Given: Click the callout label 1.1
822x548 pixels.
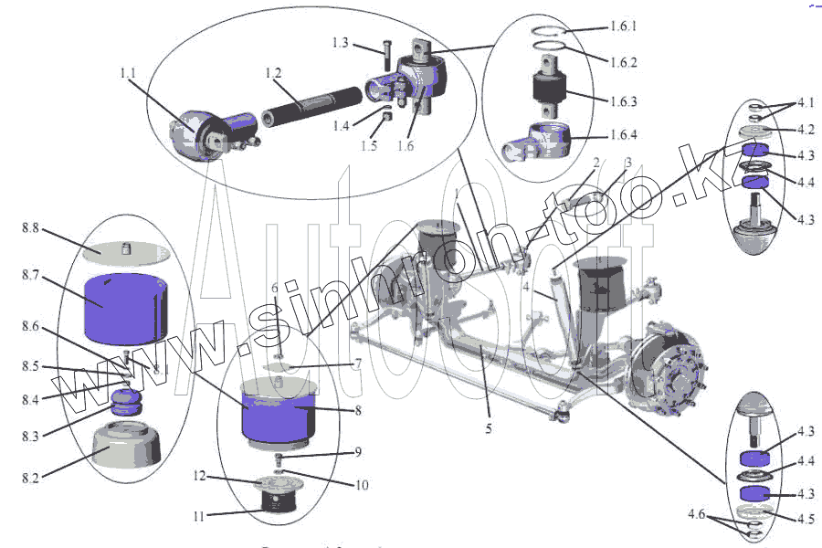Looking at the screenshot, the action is coord(127,71).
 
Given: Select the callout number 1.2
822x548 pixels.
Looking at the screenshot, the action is coord(272,72).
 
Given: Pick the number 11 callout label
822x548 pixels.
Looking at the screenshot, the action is coord(197,516).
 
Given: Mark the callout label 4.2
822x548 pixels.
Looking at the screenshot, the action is coord(779,129).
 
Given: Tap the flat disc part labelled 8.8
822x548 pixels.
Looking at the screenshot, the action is coord(127,248).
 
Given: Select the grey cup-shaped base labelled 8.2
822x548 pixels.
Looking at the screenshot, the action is coord(128,449).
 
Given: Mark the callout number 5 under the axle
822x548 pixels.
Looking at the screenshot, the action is coord(489,427).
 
